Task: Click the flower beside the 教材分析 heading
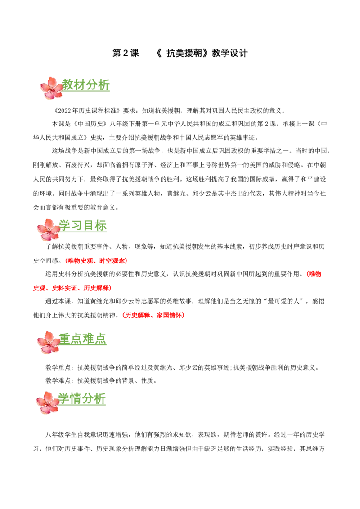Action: pos(52,88)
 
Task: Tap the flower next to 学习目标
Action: pos(48,229)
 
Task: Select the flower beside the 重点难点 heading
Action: pos(48,343)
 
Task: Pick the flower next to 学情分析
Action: pos(48,402)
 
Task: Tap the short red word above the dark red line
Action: pos(314,273)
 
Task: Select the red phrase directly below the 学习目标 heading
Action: pos(97,261)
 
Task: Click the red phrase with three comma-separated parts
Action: pos(72,288)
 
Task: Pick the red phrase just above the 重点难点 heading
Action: pos(154,316)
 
